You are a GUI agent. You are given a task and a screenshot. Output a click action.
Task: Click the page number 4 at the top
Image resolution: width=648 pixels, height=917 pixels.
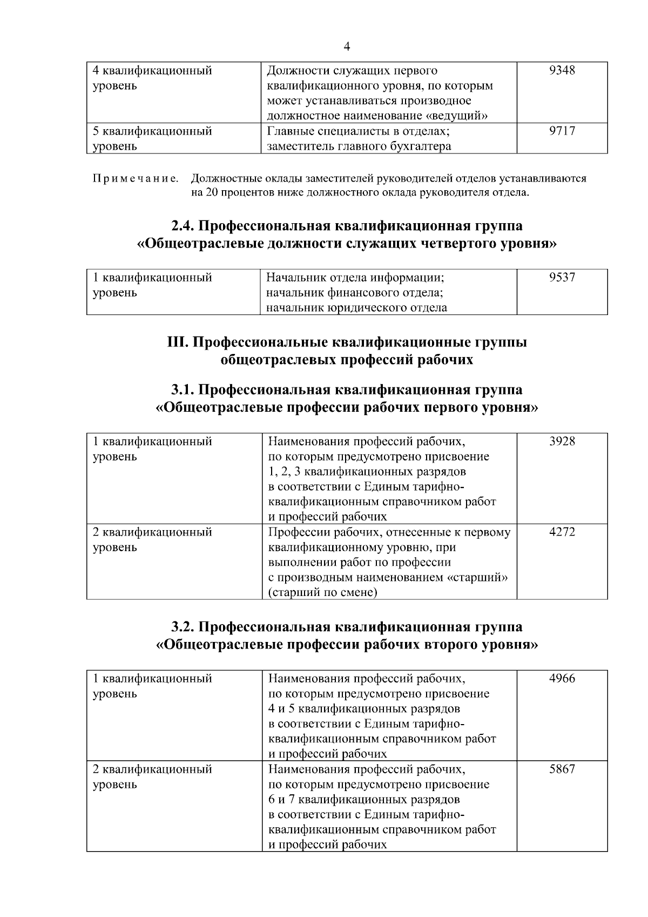pos(347,47)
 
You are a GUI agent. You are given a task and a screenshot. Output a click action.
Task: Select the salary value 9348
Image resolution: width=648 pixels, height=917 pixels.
pos(562,70)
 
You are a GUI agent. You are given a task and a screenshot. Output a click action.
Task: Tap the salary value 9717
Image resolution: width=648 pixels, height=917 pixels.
pos(562,131)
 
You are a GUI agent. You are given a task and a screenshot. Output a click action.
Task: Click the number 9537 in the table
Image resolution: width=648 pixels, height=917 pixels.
pos(562,278)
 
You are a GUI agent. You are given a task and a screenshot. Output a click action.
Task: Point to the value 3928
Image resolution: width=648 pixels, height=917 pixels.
pos(562,441)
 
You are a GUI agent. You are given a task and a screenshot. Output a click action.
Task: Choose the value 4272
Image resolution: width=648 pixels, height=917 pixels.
pos(562,532)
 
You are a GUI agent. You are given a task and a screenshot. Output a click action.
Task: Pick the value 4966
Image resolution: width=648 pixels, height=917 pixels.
pos(562,679)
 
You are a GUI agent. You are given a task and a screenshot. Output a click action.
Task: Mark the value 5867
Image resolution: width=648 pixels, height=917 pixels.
pos(562,769)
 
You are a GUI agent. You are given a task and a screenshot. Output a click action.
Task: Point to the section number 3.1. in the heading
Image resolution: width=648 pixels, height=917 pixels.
pos(186,390)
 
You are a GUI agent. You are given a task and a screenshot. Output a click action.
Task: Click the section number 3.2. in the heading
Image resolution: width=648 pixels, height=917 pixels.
pos(186,627)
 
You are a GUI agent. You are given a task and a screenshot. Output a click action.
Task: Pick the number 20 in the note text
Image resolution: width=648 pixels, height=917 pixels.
pos(211,193)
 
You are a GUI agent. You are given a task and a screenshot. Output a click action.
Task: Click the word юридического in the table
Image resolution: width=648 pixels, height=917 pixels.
pos(363,308)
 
